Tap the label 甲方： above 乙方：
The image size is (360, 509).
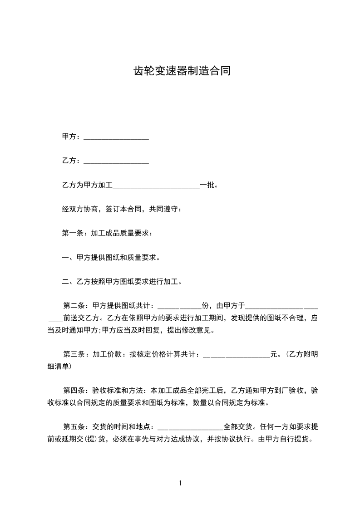(x=71, y=137)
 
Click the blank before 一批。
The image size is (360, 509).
(x=156, y=186)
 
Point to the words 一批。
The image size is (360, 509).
(x=209, y=185)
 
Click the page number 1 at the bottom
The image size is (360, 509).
(x=180, y=483)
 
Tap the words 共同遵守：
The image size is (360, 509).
(x=165, y=209)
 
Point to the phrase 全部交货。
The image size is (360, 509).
(x=241, y=427)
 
